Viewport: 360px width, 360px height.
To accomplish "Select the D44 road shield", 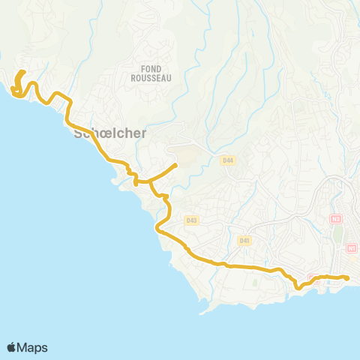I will (x=228, y=160).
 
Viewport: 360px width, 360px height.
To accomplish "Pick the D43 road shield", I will (x=191, y=220).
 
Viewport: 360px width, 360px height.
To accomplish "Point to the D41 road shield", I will (x=243, y=240).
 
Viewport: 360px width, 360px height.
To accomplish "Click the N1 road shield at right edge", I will (x=352, y=247).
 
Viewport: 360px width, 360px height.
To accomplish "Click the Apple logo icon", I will (x=12, y=347).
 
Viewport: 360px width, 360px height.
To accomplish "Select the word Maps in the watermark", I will (x=33, y=347).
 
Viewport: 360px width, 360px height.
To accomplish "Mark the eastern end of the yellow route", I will (x=348, y=278).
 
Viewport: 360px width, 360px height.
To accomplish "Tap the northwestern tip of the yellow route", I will (x=23, y=72).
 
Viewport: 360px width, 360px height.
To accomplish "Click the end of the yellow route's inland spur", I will (x=175, y=165).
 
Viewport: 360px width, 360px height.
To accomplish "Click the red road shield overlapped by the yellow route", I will (x=313, y=278).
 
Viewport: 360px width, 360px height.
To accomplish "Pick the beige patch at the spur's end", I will (x=184, y=156).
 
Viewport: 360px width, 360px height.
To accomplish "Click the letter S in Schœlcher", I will (x=79, y=135).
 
